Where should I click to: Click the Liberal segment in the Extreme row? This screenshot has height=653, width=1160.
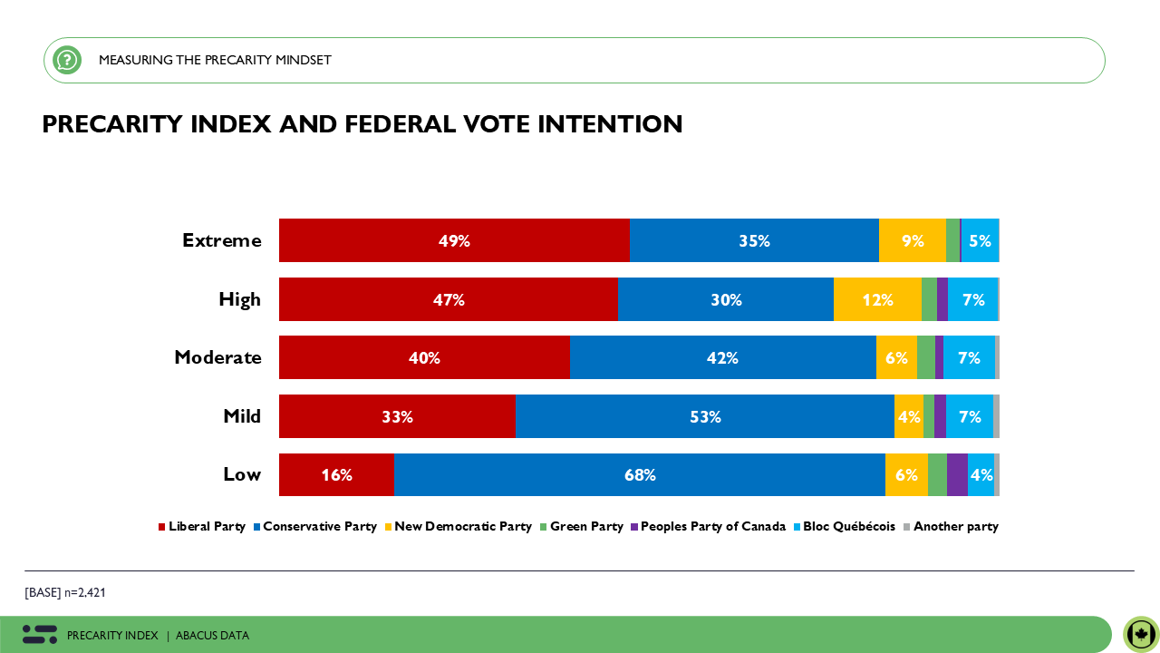click(454, 240)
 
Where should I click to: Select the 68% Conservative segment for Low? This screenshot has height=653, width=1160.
click(639, 474)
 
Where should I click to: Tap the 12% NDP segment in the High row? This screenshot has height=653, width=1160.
click(877, 299)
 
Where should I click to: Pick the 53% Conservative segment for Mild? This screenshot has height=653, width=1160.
click(705, 416)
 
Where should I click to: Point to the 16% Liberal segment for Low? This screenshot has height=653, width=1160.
click(336, 474)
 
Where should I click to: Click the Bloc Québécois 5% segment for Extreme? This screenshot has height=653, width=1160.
click(980, 240)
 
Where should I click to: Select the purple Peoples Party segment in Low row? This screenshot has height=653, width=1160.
click(957, 474)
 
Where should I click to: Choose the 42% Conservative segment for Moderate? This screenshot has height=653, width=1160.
click(722, 357)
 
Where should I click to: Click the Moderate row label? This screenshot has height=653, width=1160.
click(217, 357)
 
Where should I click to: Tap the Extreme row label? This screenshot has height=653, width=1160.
click(221, 240)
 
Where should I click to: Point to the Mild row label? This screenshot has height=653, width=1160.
click(241, 416)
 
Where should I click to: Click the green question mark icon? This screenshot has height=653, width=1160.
click(67, 60)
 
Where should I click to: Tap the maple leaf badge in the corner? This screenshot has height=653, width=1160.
click(1141, 634)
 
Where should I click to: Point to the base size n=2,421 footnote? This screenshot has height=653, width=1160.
click(65, 592)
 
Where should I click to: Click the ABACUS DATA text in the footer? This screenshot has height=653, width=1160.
click(212, 636)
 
